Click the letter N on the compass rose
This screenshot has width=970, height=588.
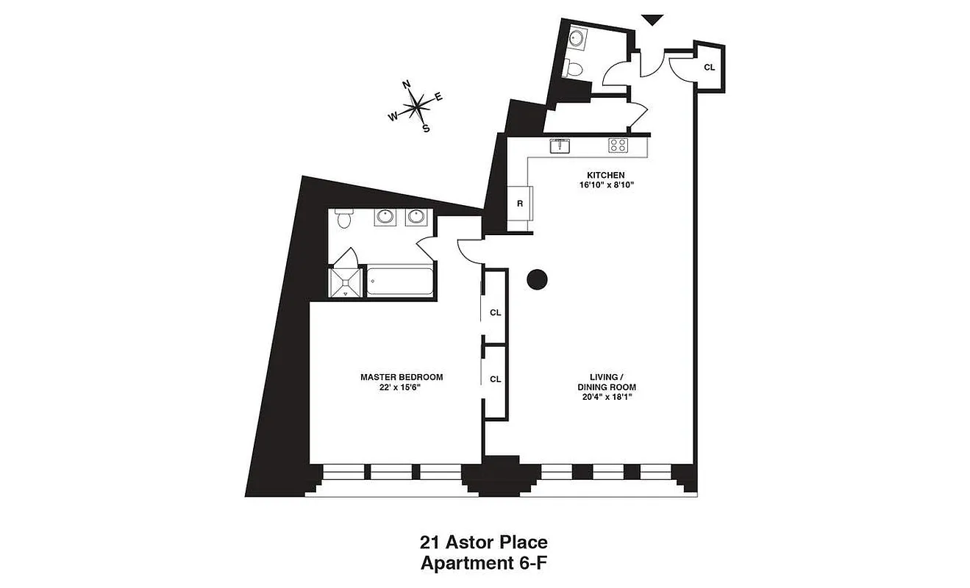(x=407, y=85)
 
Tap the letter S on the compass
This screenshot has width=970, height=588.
(x=426, y=127)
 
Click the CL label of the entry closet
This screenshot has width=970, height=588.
(x=709, y=67)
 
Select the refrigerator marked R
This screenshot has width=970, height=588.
(x=519, y=204)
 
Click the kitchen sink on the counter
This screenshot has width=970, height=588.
(x=560, y=146)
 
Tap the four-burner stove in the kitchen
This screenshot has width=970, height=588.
(x=618, y=146)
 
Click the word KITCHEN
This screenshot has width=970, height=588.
(x=605, y=175)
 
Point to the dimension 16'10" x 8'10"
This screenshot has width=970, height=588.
(x=605, y=185)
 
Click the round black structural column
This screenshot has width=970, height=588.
(x=538, y=279)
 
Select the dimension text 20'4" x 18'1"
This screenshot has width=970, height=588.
(x=607, y=397)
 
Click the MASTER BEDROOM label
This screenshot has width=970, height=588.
(x=402, y=377)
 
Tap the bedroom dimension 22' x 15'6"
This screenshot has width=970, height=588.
(x=402, y=387)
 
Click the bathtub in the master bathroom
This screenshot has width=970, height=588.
(x=399, y=282)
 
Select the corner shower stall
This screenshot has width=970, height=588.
(x=346, y=282)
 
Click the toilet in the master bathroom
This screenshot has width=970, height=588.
(x=343, y=219)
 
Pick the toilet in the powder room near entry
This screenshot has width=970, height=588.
(x=574, y=69)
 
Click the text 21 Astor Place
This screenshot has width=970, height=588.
(x=483, y=543)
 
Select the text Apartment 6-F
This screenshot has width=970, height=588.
(x=483, y=564)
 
